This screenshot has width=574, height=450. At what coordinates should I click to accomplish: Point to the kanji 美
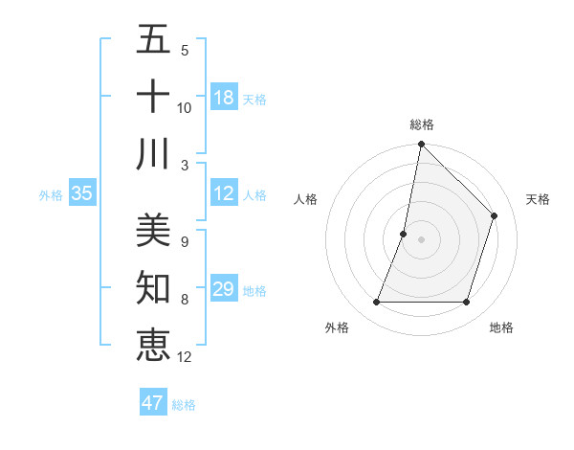[153, 230]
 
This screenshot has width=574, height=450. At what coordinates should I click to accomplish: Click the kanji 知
[153, 287]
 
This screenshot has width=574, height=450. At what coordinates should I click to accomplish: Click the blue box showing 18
[224, 98]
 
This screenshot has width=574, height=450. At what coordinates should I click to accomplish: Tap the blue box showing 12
[224, 193]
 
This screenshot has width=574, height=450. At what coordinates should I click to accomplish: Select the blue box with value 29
[224, 289]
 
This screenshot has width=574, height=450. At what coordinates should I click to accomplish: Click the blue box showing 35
[82, 193]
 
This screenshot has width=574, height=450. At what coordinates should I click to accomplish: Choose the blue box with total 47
[153, 403]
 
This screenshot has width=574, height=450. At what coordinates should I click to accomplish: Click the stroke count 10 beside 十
[184, 108]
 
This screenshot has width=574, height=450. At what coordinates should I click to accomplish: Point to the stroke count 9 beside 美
[184, 242]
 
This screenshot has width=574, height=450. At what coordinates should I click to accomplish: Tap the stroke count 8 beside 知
[184, 300]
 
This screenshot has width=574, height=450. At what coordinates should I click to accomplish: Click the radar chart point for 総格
[421, 144]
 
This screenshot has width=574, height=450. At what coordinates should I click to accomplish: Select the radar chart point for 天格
[495, 215]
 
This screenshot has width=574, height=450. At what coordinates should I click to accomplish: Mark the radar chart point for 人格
[404, 234]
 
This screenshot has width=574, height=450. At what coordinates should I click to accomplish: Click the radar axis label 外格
[337, 327]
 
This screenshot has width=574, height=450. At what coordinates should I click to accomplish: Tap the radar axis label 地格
[501, 327]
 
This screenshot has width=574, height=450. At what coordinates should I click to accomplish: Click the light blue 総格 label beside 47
[184, 405]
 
